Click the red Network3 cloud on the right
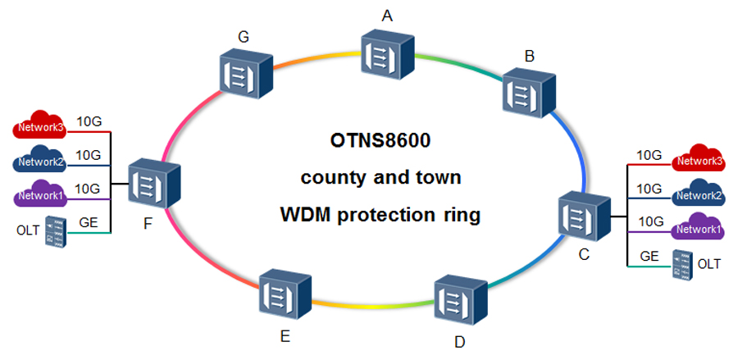698,162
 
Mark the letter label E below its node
284,336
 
